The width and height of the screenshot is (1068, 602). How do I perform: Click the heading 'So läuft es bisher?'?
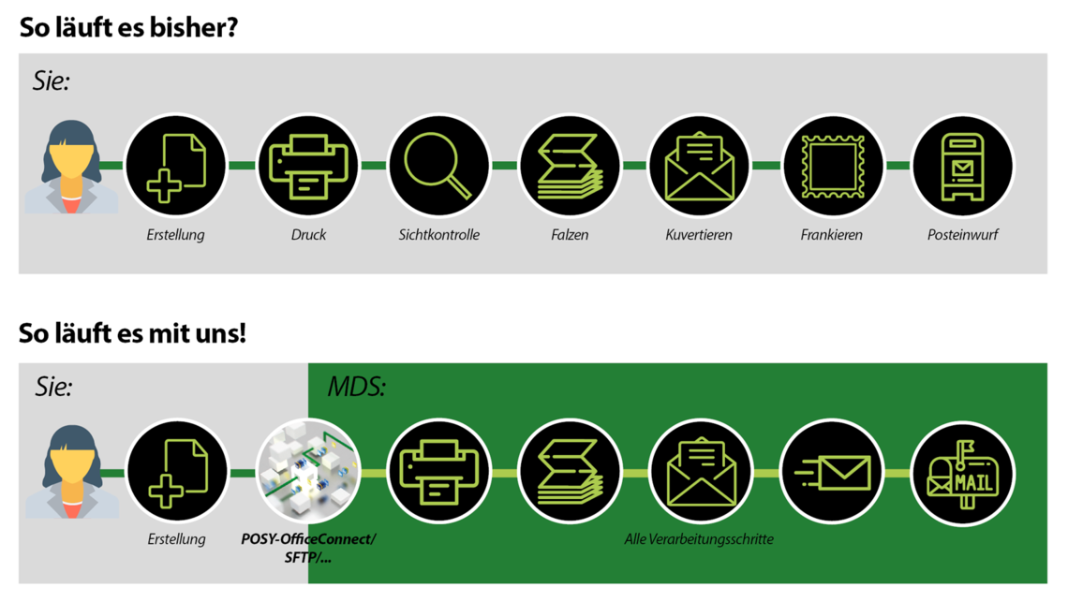pyautogui.click(x=129, y=28)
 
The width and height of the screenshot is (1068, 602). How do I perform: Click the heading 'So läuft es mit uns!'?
pyautogui.click(x=132, y=333)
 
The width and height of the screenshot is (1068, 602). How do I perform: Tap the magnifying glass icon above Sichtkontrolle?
pyautogui.click(x=438, y=167)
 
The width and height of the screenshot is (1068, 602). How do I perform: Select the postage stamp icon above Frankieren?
pyautogui.click(x=832, y=167)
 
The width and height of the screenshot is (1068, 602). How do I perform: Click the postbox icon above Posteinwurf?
pyautogui.click(x=963, y=167)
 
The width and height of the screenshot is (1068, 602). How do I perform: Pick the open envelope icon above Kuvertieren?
pyautogui.click(x=700, y=167)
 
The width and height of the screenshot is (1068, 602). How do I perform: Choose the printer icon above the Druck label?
pyautogui.click(x=308, y=167)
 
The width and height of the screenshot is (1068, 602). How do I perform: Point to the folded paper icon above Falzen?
pyautogui.click(x=570, y=167)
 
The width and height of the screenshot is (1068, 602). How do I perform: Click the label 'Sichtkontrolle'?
pyautogui.click(x=438, y=235)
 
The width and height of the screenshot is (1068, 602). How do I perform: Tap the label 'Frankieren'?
pyautogui.click(x=831, y=235)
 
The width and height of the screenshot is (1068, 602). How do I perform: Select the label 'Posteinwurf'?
pyautogui.click(x=962, y=235)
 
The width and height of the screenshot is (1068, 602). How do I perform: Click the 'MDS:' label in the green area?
pyautogui.click(x=356, y=387)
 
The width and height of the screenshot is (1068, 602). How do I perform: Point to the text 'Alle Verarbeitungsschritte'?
pyautogui.click(x=699, y=539)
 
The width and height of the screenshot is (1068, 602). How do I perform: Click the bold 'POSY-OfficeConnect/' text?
pyautogui.click(x=308, y=539)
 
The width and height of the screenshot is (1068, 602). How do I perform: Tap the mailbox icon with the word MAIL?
pyautogui.click(x=963, y=472)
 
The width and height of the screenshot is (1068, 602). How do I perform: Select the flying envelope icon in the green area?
pyautogui.click(x=832, y=472)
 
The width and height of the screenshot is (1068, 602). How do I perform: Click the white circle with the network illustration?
pyautogui.click(x=308, y=472)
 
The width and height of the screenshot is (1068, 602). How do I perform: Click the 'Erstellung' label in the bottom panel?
pyautogui.click(x=176, y=539)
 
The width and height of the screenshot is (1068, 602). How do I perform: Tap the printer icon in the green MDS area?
pyautogui.click(x=438, y=472)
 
